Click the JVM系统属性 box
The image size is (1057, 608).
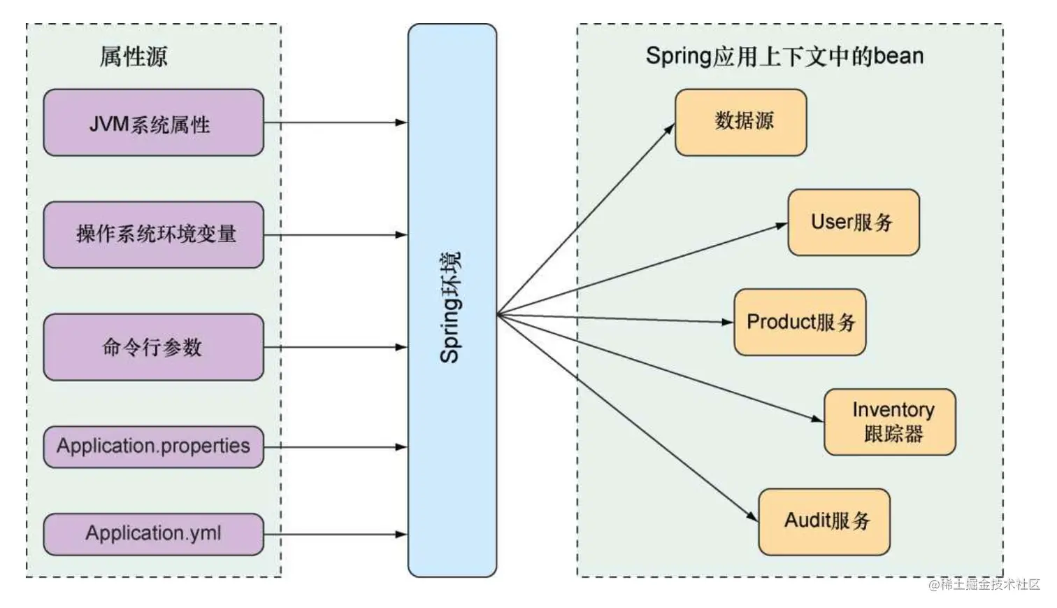[x=153, y=122]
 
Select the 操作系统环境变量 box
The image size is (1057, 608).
[x=153, y=235]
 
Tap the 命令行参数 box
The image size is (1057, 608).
[x=153, y=347]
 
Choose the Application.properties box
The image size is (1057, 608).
[x=153, y=446]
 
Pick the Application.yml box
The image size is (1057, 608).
[x=153, y=535]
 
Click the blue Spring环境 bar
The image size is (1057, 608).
[x=452, y=301]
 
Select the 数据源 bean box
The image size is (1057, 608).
[x=740, y=122]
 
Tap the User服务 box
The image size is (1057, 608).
[x=853, y=222]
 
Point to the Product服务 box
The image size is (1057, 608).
[x=800, y=322]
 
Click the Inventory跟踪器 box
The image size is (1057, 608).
[x=889, y=422]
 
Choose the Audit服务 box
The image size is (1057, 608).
[x=824, y=521]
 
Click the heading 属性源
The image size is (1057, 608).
[x=134, y=57]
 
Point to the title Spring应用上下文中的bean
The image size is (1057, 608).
[x=784, y=56]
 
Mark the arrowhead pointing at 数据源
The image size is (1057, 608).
[x=670, y=129]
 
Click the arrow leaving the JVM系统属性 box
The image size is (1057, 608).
[x=336, y=122]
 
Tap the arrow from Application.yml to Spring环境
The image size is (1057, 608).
[x=336, y=535]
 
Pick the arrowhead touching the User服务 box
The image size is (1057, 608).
[x=782, y=225]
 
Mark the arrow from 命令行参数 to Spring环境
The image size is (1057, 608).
[x=336, y=347]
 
